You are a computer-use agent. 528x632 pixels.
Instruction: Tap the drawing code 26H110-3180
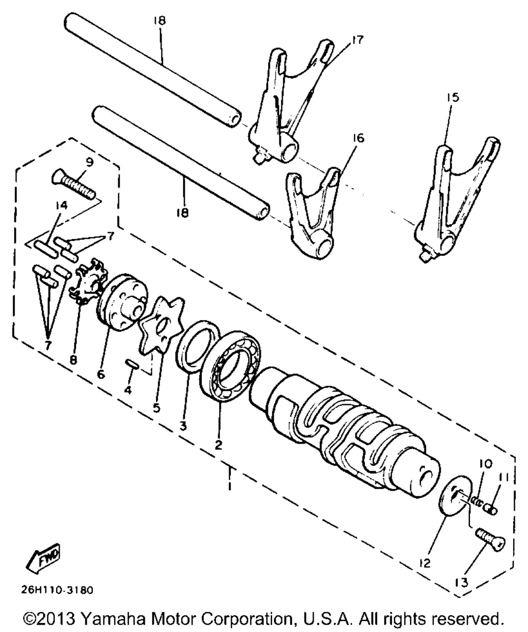click(57, 590)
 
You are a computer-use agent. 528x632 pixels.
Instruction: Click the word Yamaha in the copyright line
click(114, 618)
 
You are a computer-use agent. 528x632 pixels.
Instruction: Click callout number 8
click(73, 360)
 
